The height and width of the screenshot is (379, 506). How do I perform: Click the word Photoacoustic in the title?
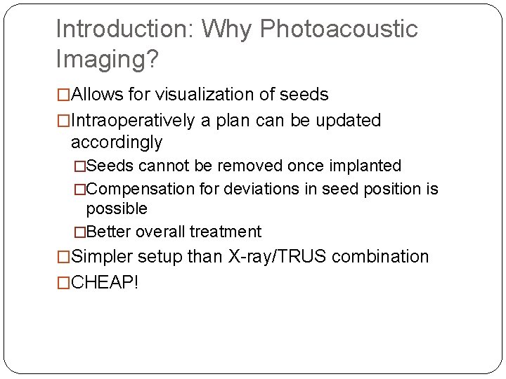pyautogui.click(x=339, y=29)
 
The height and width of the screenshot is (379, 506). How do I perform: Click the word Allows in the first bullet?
pyautogui.click(x=98, y=94)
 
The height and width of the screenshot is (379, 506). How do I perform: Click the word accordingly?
pyautogui.click(x=117, y=142)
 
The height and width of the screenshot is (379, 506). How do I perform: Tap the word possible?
pyautogui.click(x=117, y=209)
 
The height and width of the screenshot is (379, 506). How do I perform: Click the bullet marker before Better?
pyautogui.click(x=80, y=232)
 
